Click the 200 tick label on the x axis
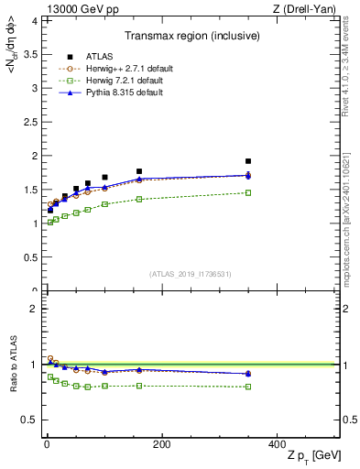click(160, 444)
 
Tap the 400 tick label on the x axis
click(276, 444)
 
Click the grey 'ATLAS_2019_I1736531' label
click(191, 274)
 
